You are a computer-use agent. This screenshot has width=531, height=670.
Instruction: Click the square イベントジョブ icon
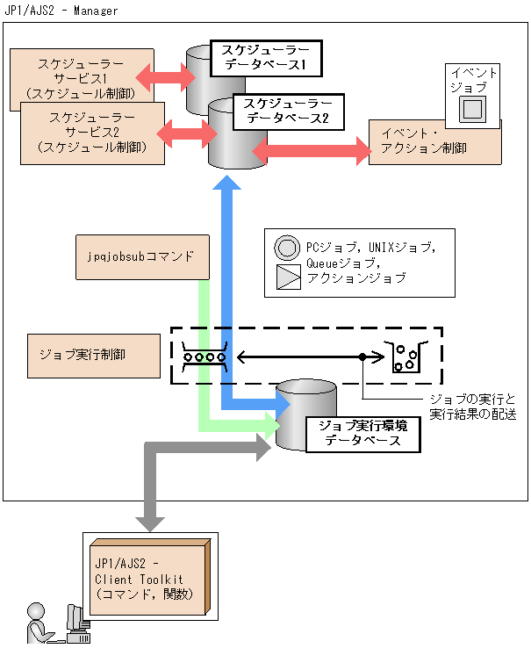[473, 108]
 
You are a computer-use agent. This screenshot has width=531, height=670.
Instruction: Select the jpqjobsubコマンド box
[143, 256]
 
